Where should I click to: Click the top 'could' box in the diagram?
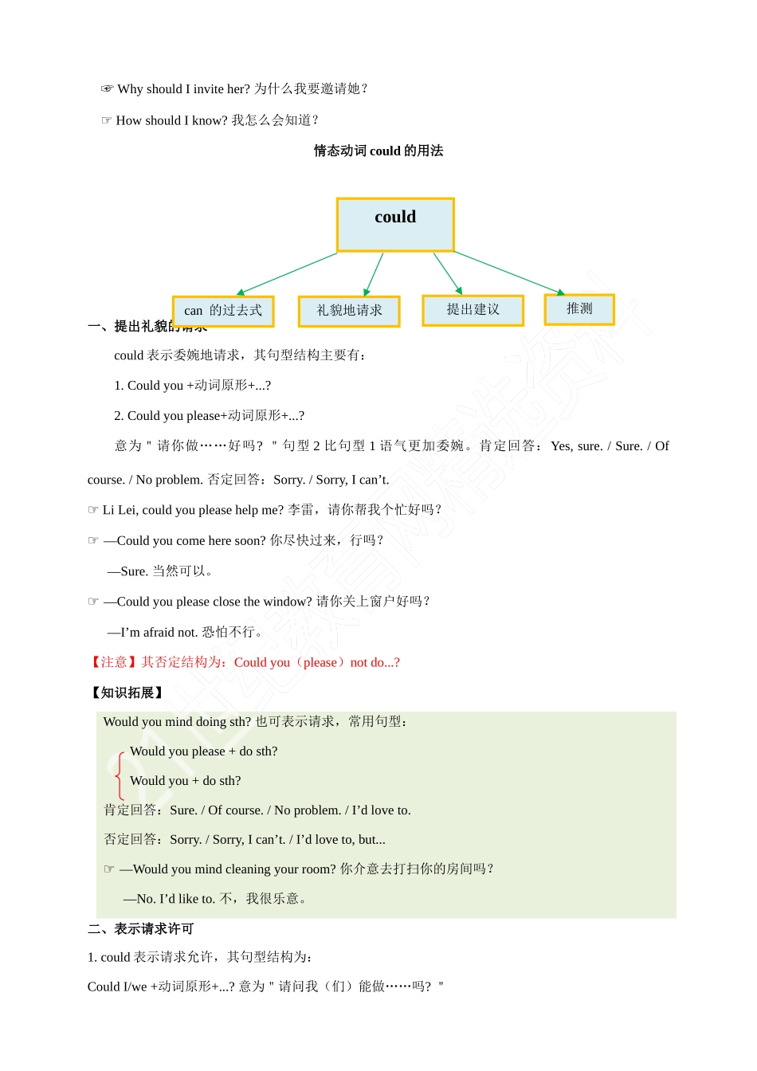(395, 225)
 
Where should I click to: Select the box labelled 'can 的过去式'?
(223, 311)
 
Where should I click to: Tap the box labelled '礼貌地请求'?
(349, 311)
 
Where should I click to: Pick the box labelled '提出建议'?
(473, 310)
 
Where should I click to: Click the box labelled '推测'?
(579, 309)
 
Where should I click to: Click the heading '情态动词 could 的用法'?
(378, 151)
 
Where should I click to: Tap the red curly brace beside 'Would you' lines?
(119, 774)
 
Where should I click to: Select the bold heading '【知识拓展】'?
(127, 692)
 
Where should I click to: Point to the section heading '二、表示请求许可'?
(141, 928)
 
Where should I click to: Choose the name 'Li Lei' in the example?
(120, 510)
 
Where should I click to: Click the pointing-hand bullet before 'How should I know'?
(106, 120)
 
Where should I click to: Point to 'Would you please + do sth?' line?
(204, 751)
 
